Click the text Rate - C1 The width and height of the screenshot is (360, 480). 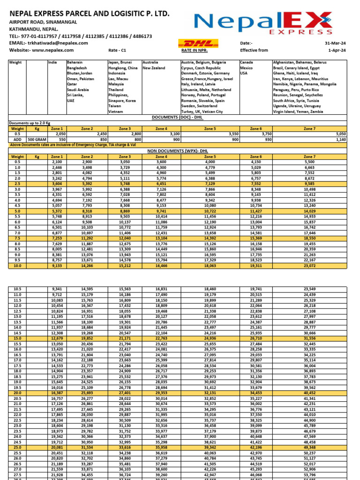[x=117, y=50]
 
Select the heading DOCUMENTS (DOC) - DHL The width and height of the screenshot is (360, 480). [x=179, y=117]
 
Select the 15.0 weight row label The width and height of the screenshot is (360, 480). [x=17, y=338]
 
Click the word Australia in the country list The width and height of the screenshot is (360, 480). [x=150, y=62]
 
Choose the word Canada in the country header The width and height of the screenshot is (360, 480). [x=247, y=62]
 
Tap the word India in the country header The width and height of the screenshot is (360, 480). [x=52, y=62]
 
